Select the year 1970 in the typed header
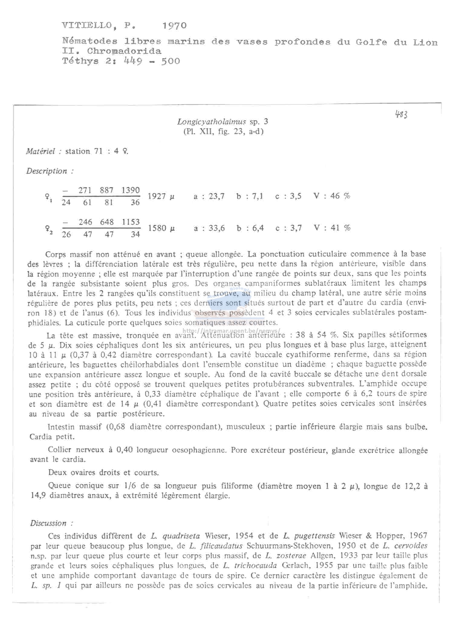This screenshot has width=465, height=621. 174,26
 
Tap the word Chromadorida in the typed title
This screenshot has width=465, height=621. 124,51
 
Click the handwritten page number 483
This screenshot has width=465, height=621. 401,115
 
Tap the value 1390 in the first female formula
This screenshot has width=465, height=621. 131,190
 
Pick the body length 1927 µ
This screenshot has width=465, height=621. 161,196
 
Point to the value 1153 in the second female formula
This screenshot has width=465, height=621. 131,222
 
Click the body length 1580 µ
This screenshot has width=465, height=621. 161,228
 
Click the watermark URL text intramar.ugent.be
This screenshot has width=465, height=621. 232,330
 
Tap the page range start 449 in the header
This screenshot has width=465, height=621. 133,61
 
